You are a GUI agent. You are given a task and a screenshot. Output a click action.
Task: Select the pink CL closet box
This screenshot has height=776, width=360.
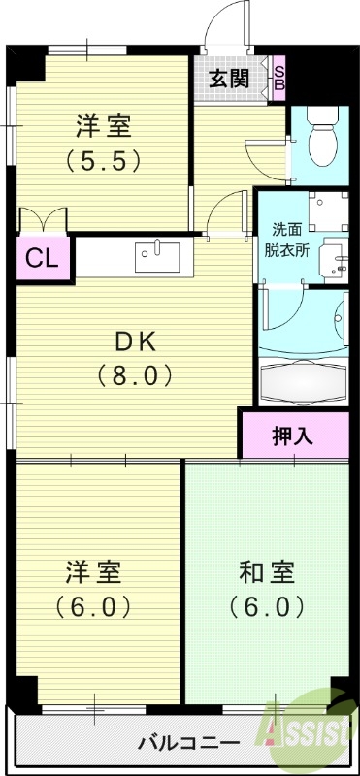(39, 259)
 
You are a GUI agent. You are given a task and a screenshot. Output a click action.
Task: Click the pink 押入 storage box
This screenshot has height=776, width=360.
(292, 436)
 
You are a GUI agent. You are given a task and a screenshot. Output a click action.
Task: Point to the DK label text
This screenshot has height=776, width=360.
(135, 341)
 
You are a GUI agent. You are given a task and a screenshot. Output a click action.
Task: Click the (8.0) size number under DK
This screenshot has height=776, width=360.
(135, 373)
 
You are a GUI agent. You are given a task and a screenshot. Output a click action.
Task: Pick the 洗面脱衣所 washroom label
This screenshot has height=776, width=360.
(289, 240)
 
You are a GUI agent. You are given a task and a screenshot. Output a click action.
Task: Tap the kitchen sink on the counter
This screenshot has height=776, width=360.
(158, 257)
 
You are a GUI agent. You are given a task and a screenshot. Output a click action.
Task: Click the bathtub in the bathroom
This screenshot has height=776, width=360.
(303, 383)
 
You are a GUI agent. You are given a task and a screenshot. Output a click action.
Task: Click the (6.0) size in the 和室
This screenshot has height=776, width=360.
(268, 607)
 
